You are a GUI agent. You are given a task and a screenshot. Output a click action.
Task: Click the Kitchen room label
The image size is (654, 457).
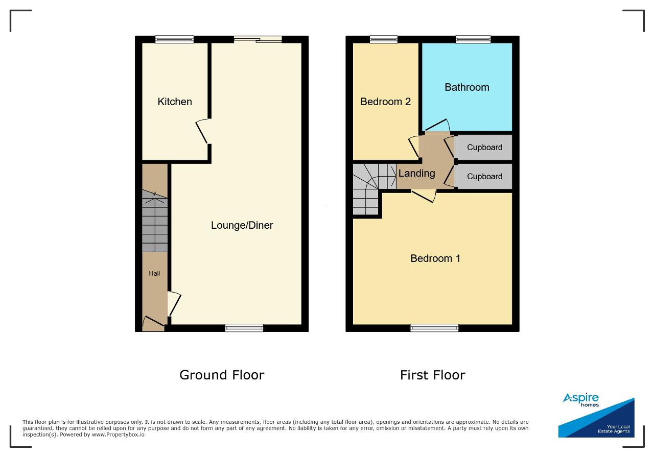175,102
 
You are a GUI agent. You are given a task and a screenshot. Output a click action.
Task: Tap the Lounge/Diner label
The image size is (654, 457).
242,225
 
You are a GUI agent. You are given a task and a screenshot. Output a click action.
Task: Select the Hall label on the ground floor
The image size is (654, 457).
154,274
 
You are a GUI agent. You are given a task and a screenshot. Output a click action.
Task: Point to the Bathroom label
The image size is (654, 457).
467,87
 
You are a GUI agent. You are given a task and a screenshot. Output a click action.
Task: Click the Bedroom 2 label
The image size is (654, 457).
385,102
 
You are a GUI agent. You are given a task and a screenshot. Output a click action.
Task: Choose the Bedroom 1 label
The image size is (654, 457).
435,258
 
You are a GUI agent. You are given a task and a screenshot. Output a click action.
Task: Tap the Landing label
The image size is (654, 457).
416,173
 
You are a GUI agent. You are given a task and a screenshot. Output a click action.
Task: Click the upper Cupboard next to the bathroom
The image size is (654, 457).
485,148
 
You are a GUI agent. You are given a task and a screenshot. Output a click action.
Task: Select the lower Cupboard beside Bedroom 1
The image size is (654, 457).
485,177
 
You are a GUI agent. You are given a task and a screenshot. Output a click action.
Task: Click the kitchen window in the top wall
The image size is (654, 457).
174,39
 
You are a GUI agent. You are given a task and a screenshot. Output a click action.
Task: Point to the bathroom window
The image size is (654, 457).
473,39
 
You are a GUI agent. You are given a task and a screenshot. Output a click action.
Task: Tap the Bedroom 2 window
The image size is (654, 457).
384,39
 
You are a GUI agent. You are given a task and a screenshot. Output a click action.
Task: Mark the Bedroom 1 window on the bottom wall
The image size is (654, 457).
434,328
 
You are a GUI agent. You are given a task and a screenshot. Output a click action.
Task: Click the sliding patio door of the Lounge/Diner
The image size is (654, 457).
258,39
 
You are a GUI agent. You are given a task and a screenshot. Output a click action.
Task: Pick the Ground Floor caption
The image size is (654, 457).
222,375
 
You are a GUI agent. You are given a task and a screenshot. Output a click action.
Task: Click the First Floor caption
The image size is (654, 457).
433,375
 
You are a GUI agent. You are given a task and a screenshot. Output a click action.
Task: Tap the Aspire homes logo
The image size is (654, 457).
596,415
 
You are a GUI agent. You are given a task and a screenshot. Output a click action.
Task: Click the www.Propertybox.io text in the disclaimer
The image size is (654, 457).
118,435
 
